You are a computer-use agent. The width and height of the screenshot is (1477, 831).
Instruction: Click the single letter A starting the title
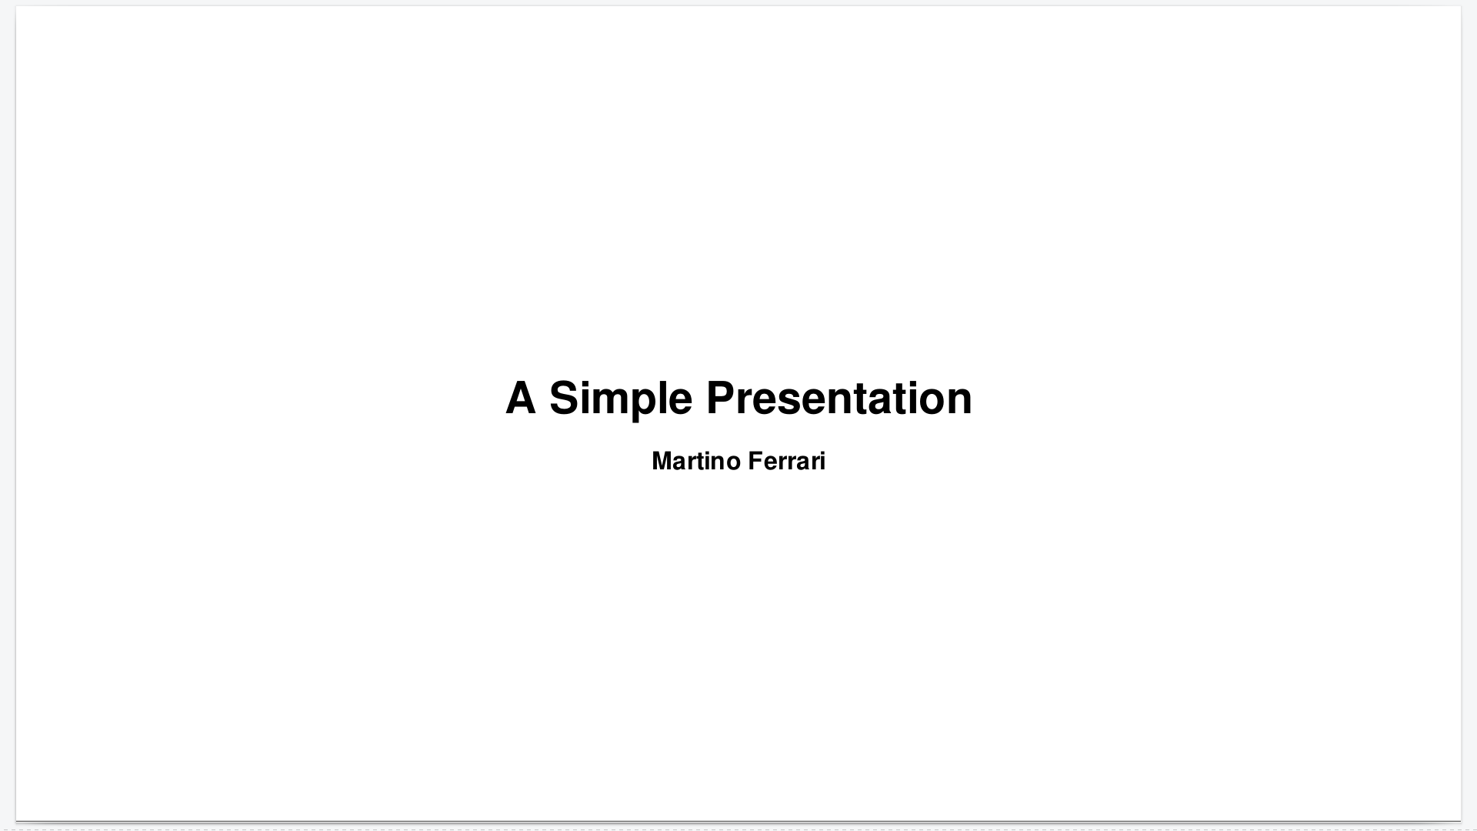point(521,398)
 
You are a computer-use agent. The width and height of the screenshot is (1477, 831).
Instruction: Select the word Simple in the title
point(621,399)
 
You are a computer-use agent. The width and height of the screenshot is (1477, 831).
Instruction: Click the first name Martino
point(696,461)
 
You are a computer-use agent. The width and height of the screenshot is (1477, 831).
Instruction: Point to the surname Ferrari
point(787,461)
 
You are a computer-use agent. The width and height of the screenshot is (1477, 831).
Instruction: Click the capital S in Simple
point(564,398)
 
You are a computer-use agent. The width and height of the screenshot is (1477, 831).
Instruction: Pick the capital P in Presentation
point(722,398)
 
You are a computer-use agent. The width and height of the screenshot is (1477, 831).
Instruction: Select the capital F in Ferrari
point(755,461)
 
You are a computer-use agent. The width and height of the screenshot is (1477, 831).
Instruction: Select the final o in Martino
point(733,464)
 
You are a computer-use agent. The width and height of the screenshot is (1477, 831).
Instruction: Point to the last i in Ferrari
point(822,461)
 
